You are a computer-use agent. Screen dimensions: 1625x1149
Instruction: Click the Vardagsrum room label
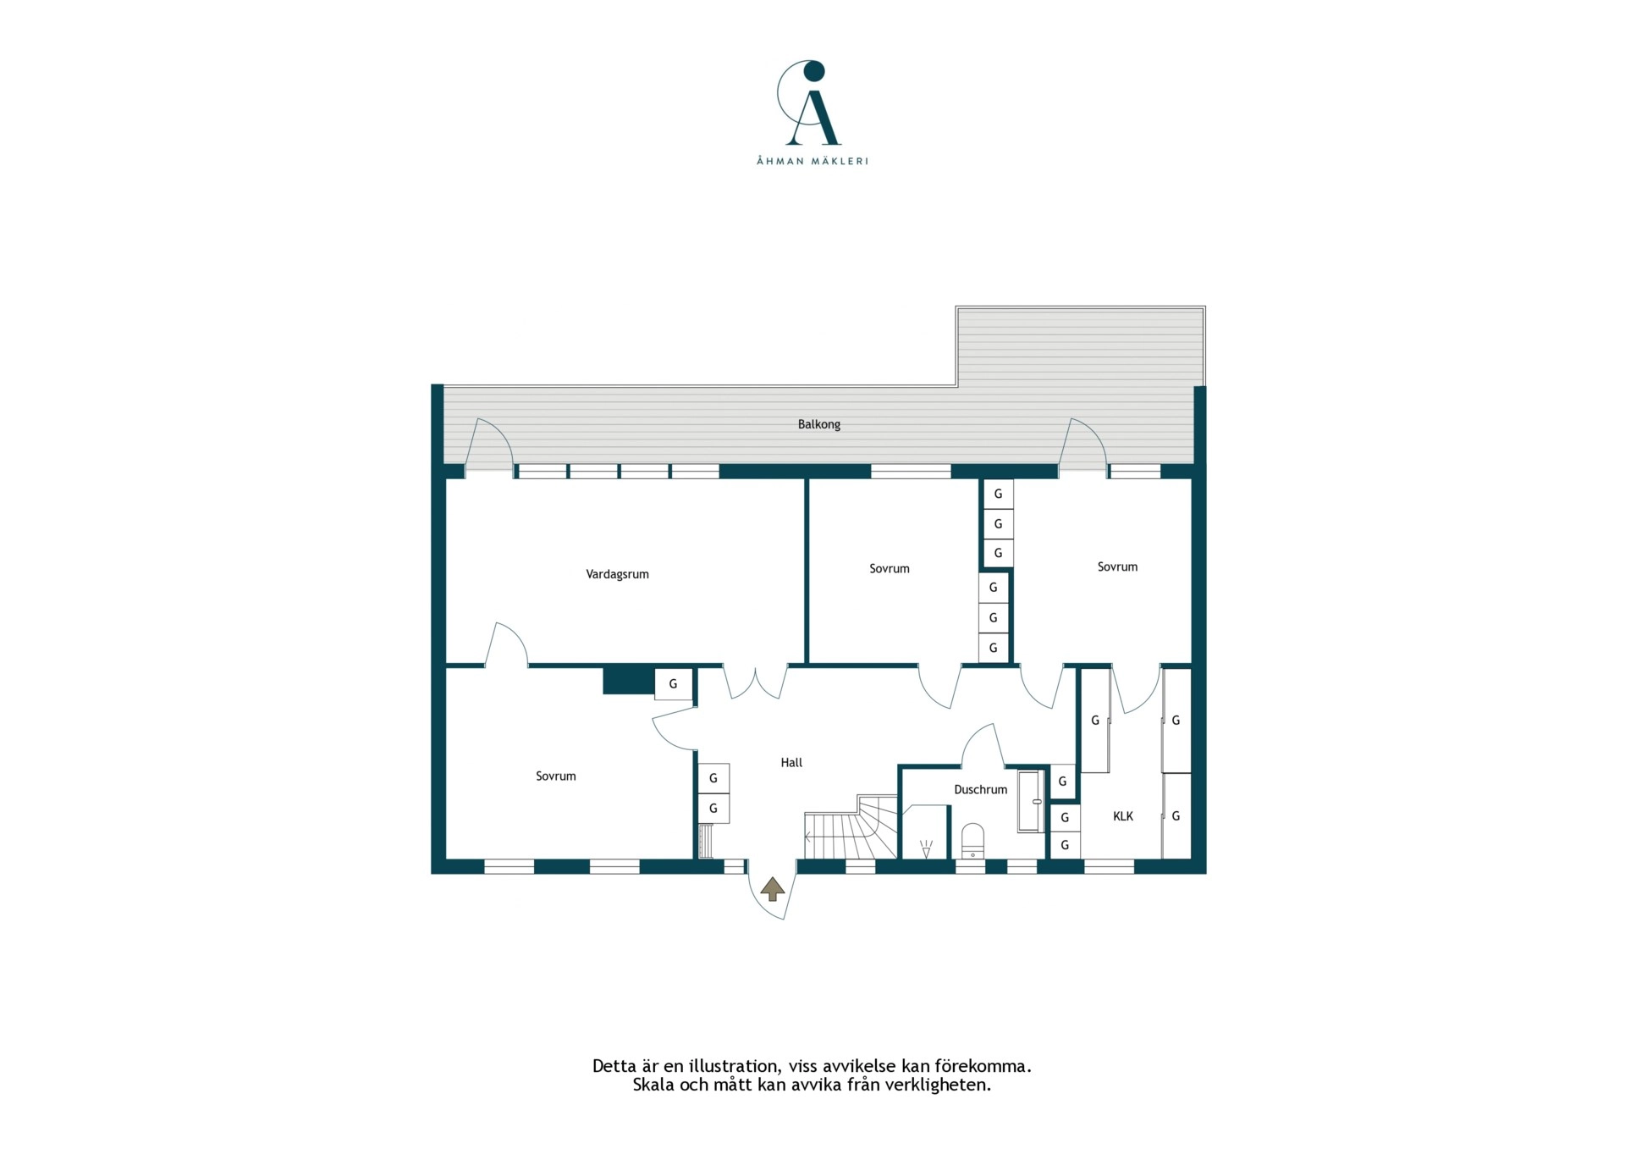point(617,574)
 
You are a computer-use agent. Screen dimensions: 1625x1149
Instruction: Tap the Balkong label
point(818,424)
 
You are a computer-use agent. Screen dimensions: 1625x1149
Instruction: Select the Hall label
point(791,762)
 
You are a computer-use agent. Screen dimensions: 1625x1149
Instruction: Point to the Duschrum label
point(980,789)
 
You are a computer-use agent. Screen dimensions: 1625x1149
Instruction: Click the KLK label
point(1122,816)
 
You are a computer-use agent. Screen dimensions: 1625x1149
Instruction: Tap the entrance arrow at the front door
point(772,889)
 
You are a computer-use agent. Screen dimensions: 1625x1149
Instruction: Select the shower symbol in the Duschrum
point(926,848)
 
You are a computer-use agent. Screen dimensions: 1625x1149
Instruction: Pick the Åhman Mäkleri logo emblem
point(810,102)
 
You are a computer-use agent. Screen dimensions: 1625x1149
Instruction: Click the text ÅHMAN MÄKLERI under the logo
point(812,161)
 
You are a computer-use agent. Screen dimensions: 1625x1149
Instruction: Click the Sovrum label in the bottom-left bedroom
point(555,776)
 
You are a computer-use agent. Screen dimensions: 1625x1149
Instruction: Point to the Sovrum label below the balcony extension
point(1117,566)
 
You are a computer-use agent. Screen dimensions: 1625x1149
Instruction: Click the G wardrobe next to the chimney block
point(674,684)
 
